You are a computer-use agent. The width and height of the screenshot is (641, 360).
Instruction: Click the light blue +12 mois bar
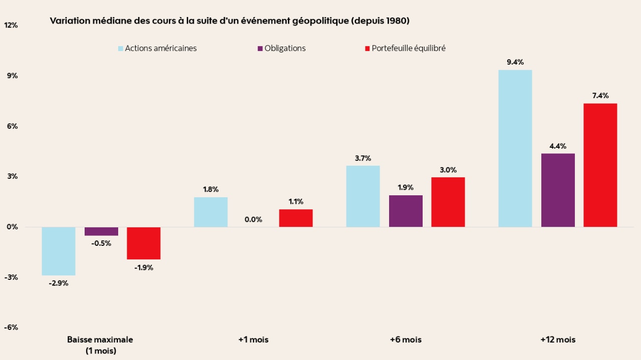click(x=515, y=148)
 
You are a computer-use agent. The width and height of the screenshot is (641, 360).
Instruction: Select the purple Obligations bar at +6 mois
click(x=406, y=211)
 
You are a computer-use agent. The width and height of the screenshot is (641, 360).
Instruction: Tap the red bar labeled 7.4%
click(x=600, y=165)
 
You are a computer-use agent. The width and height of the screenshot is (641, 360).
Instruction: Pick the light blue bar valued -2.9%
click(x=59, y=251)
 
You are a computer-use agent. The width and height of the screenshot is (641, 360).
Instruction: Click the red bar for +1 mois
click(x=296, y=218)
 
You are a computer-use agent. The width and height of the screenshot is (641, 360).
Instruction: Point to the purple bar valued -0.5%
click(x=101, y=231)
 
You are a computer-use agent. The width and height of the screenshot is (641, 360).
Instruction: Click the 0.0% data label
click(x=253, y=219)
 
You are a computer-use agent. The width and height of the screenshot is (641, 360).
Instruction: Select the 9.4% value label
click(x=515, y=62)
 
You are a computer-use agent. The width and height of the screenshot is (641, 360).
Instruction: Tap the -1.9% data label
click(x=144, y=267)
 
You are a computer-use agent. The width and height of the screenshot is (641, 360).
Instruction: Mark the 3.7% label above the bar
click(x=363, y=158)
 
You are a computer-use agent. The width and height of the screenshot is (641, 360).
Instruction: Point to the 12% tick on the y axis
click(x=11, y=25)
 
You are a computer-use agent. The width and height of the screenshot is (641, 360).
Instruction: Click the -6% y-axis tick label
click(x=11, y=327)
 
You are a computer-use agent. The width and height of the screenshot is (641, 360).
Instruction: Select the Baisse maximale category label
click(x=100, y=339)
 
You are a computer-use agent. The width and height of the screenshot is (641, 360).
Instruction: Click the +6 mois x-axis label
click(x=406, y=339)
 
